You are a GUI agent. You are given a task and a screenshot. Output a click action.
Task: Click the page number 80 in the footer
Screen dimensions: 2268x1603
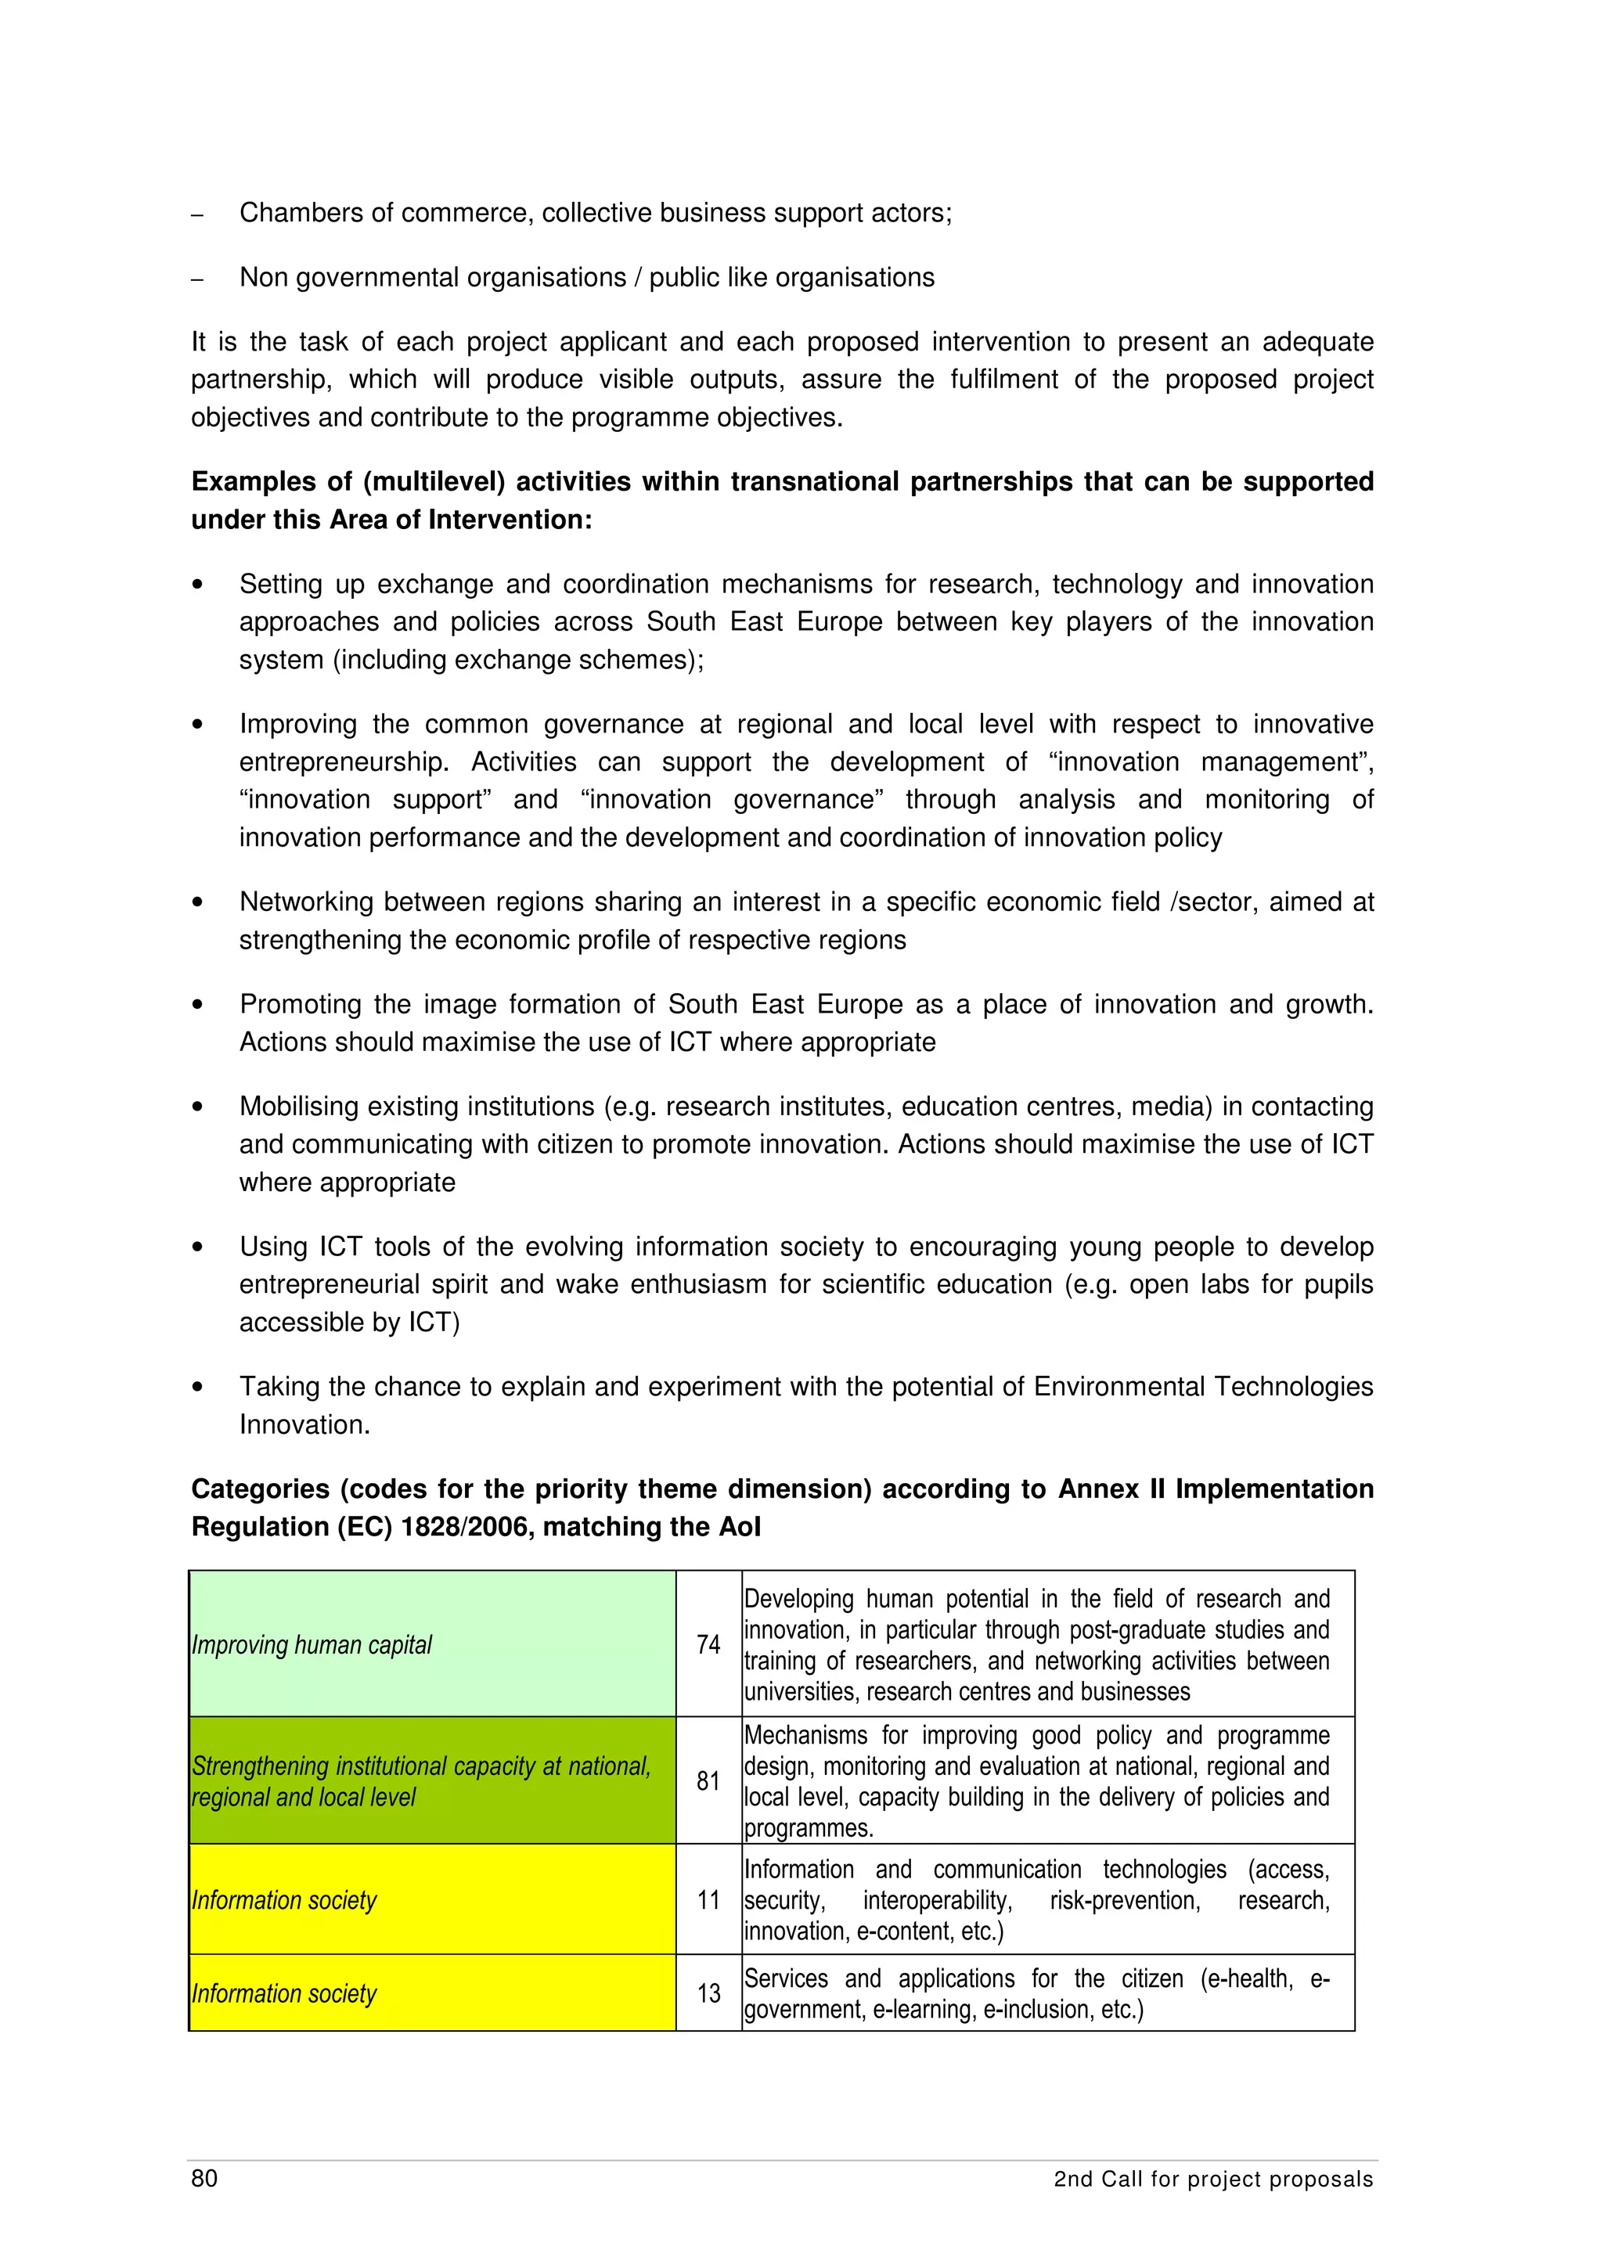click(x=204, y=2178)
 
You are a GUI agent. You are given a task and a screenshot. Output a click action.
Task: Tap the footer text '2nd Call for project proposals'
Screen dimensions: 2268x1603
click(x=1213, y=2179)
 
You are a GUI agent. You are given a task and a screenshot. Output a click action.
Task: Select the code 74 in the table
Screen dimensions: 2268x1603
click(x=708, y=1645)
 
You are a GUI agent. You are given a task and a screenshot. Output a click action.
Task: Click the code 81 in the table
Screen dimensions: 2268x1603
click(x=708, y=1781)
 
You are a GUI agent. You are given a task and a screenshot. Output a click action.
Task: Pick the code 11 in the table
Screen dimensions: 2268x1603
click(x=708, y=1899)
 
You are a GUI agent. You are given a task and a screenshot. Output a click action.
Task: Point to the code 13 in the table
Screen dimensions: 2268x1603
click(x=708, y=1993)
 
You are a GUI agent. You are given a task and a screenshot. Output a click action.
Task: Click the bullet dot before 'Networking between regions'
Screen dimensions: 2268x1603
click(x=197, y=902)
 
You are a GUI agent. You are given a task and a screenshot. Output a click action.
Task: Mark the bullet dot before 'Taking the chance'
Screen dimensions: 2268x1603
click(x=197, y=1387)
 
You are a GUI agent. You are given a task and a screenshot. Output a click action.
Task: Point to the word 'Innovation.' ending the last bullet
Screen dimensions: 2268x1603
click(x=304, y=1424)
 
